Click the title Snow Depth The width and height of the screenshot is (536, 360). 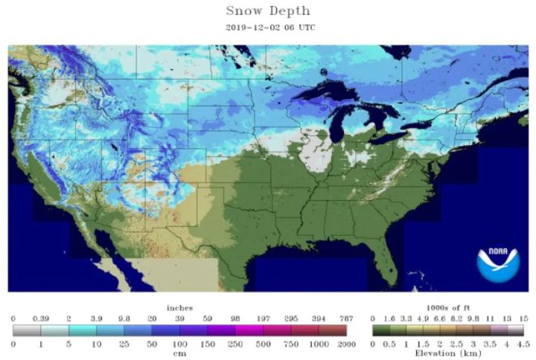267,11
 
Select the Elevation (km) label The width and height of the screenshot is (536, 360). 447,354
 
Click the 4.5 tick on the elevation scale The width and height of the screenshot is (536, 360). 523,344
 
